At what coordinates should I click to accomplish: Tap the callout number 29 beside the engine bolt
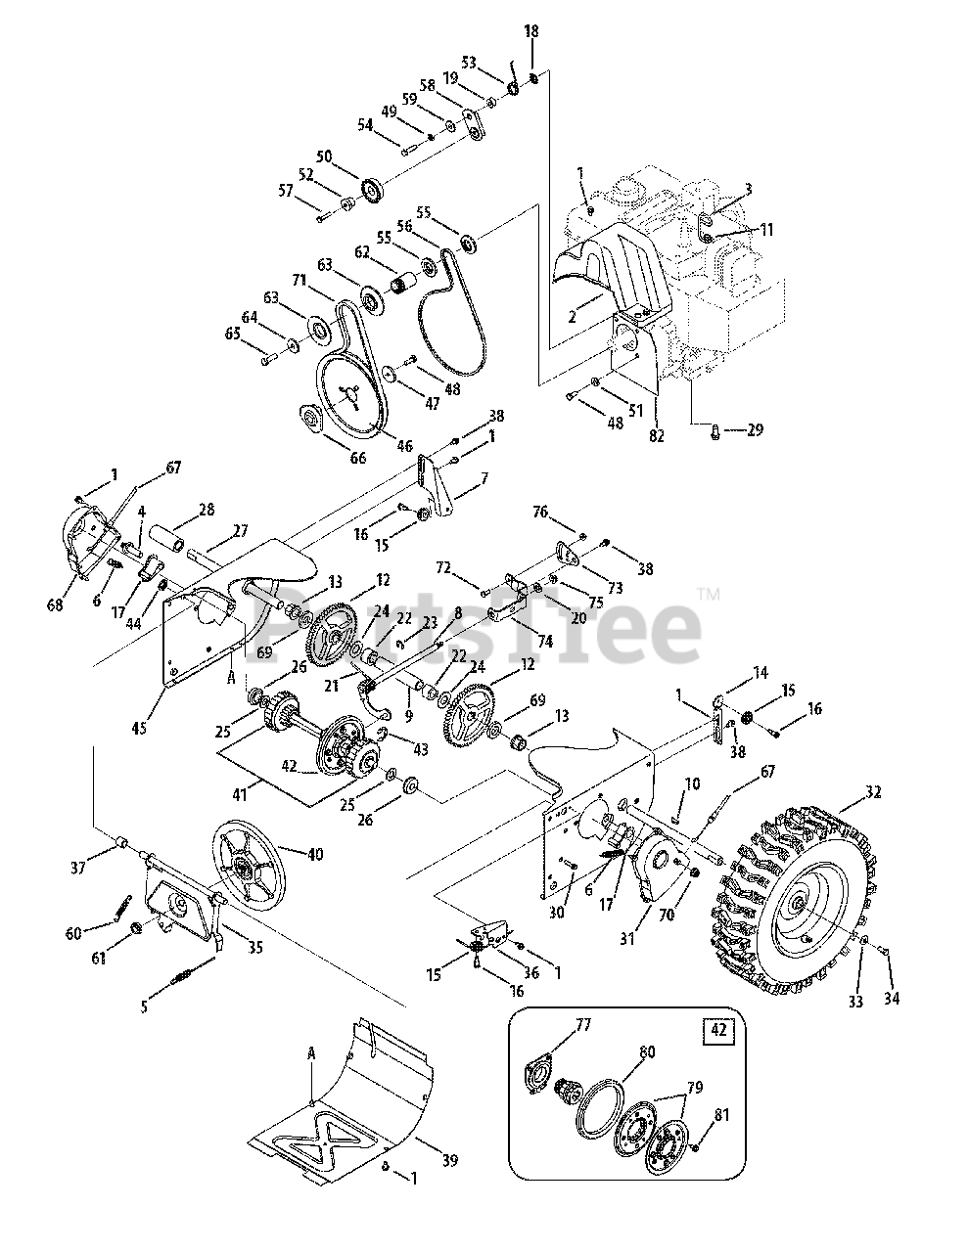(x=754, y=429)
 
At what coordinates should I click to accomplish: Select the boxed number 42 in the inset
(x=719, y=1029)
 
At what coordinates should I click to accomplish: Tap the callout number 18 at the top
(x=531, y=32)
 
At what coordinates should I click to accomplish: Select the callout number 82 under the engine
(x=656, y=436)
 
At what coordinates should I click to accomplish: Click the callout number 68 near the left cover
(x=54, y=604)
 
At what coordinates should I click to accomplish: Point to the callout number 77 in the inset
(x=583, y=1025)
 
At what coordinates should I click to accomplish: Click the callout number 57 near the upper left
(x=287, y=191)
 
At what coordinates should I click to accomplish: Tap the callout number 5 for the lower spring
(x=145, y=1006)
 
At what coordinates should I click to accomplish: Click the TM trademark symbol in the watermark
(x=709, y=594)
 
